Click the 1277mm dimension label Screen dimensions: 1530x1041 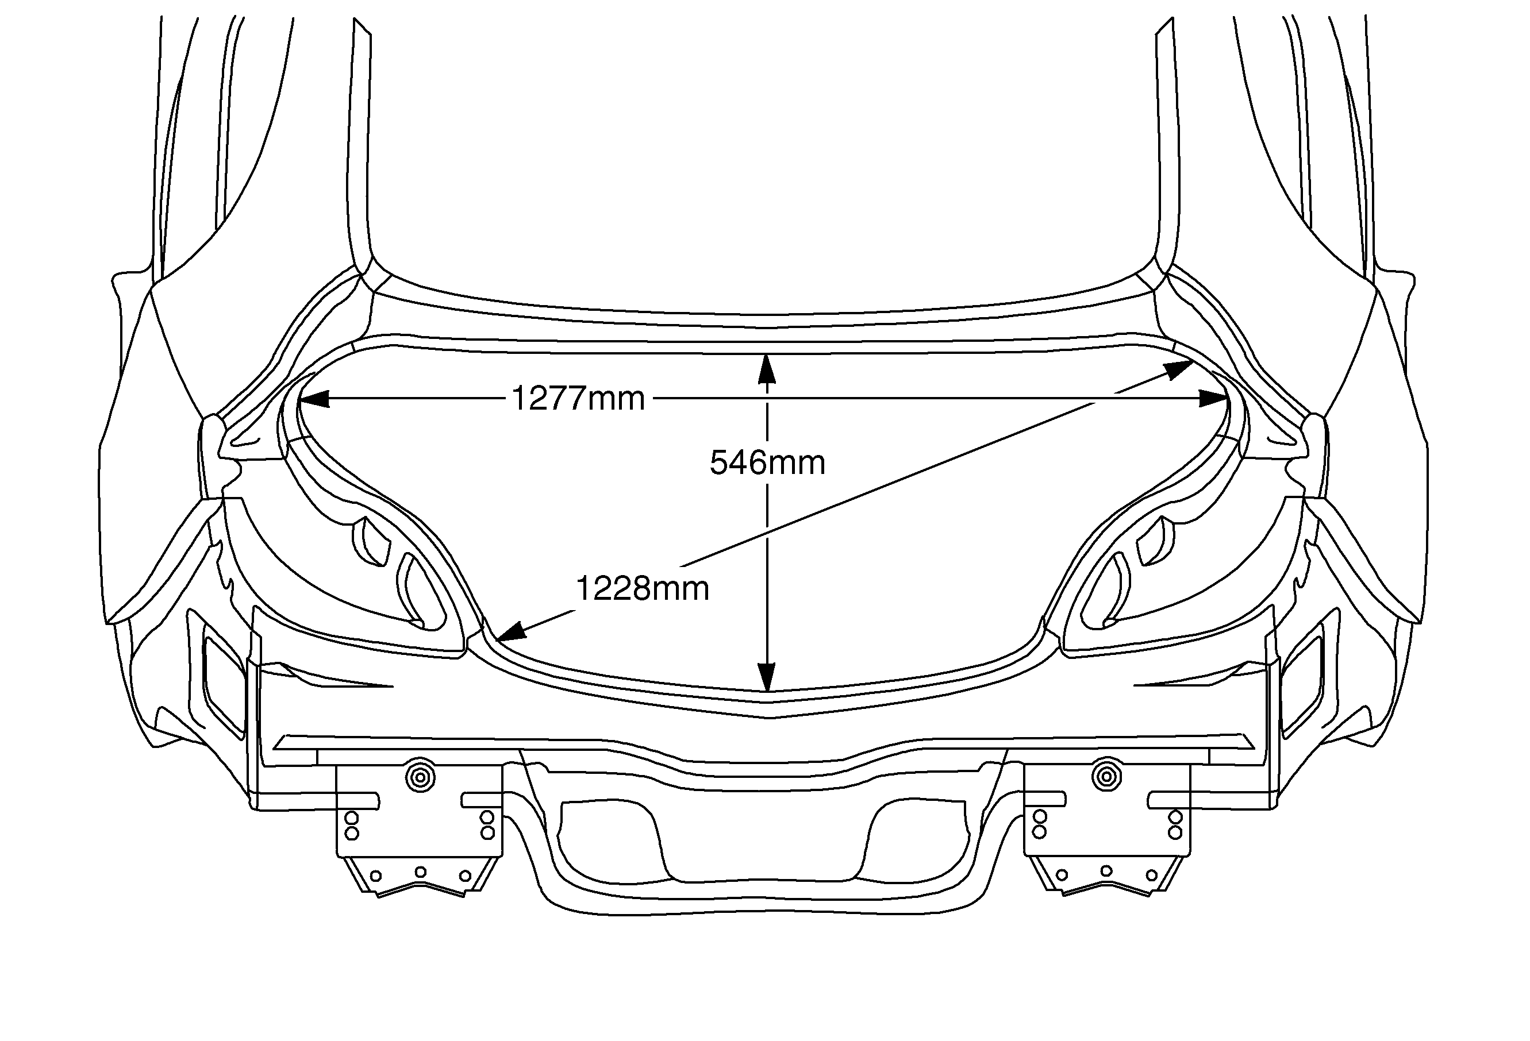click(x=578, y=398)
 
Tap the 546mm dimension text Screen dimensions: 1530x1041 click(x=767, y=462)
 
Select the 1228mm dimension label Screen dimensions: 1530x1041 click(x=643, y=588)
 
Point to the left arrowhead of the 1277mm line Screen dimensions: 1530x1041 click(x=314, y=399)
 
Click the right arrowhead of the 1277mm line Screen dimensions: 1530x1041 click(x=1213, y=399)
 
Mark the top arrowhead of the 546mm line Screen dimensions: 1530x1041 click(x=766, y=369)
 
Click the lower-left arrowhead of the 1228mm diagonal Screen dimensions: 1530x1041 click(x=512, y=631)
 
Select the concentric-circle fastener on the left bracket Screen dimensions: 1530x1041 click(x=420, y=777)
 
